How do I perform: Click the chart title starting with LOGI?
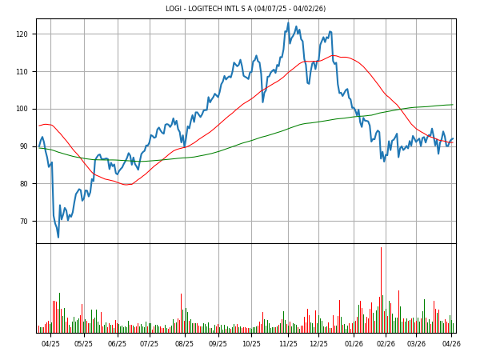[x=246, y=9]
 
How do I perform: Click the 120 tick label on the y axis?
[x=22, y=34]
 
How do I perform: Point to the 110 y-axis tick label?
[x=22, y=72]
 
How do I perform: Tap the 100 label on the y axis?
[x=22, y=109]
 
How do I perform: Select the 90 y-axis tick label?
[x=24, y=146]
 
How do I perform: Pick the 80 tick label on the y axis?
[x=24, y=184]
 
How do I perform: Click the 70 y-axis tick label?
[x=24, y=222]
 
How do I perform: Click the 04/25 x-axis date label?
[x=50, y=344]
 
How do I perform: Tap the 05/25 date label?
[x=83, y=344]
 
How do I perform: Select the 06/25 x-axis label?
[x=117, y=344]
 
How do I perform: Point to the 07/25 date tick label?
[x=149, y=344]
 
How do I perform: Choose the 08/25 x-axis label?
[x=184, y=344]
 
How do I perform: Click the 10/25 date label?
[x=251, y=344]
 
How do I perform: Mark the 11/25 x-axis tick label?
[x=288, y=344]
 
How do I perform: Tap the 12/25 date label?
[x=318, y=344]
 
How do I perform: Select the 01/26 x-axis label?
[x=354, y=344]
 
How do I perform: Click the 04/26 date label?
[x=451, y=344]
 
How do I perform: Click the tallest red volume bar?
[x=381, y=288]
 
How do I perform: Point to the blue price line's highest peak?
[x=288, y=23]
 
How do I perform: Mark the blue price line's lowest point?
[x=58, y=237]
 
